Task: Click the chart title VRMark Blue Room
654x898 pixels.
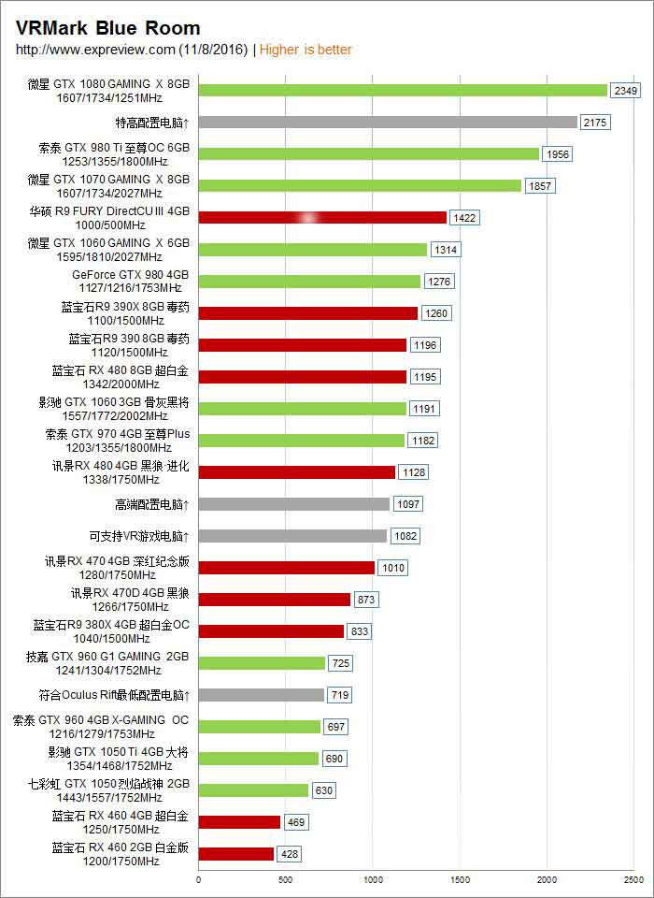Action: tap(108, 29)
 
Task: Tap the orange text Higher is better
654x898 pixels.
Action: tap(306, 50)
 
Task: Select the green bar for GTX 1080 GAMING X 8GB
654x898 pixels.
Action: tap(403, 91)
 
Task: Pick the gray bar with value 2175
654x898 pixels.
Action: tap(388, 123)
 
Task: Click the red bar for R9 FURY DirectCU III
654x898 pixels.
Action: tap(322, 218)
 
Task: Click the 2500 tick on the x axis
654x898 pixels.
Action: tap(633, 879)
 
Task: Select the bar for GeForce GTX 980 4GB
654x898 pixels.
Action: tap(309, 282)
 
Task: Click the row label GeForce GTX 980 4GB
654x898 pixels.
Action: tap(130, 275)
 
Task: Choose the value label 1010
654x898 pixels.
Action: tap(392, 568)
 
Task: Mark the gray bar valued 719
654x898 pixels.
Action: tap(262, 695)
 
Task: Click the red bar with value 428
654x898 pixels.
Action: tap(236, 854)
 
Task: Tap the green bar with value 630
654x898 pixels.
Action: tap(253, 790)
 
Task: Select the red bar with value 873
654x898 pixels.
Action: tap(275, 600)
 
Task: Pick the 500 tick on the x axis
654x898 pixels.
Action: tap(285, 879)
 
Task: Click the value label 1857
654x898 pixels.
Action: tap(540, 186)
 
